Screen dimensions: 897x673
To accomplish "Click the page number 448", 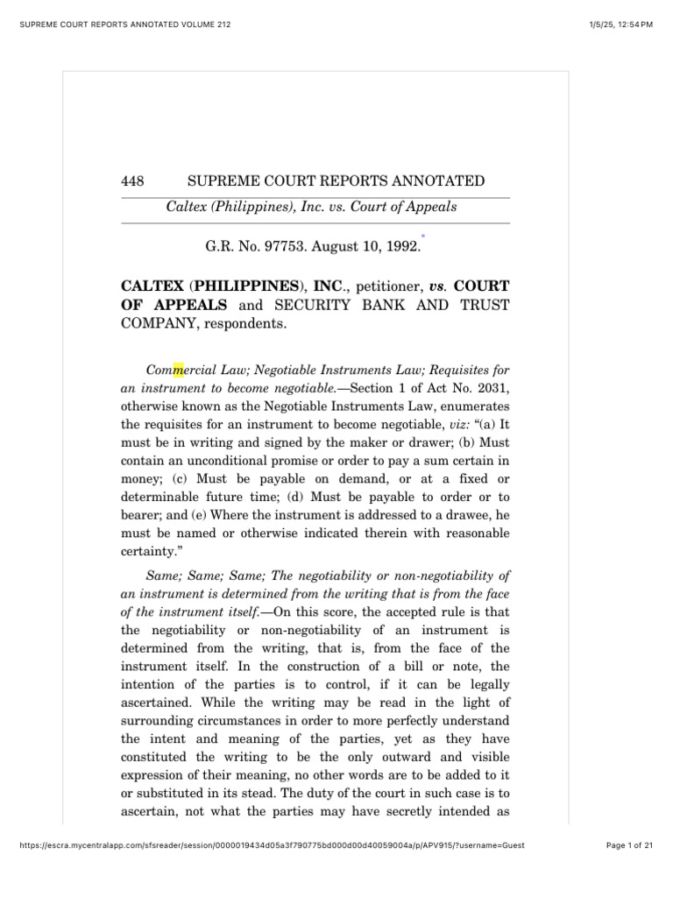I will pyautogui.click(x=132, y=181).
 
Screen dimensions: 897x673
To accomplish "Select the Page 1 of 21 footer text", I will pyautogui.click(x=630, y=845).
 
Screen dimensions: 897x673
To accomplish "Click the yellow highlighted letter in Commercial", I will pyautogui.click(x=178, y=370).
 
